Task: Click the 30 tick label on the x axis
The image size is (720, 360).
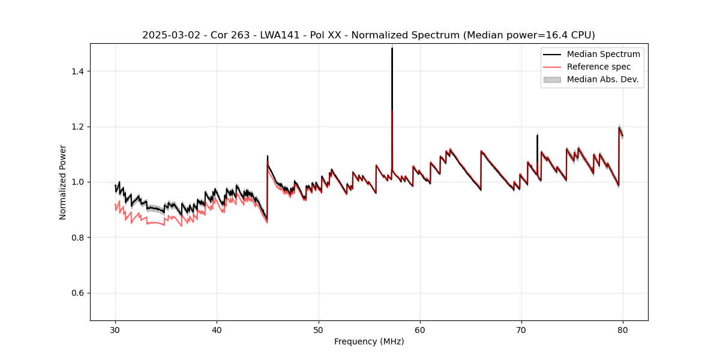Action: click(x=115, y=330)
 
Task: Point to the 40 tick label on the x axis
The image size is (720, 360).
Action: click(x=217, y=330)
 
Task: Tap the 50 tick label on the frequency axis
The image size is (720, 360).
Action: click(x=319, y=330)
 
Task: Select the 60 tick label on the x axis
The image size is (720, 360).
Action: click(x=420, y=330)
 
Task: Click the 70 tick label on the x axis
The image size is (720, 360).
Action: click(x=521, y=330)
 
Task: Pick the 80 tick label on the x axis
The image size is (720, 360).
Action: click(x=623, y=330)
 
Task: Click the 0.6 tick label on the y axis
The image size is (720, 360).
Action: click(x=77, y=293)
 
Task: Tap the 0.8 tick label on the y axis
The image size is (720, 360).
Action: click(x=77, y=238)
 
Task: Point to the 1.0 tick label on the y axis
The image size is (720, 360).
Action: click(x=77, y=182)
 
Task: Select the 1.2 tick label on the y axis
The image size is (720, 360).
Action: click(x=77, y=127)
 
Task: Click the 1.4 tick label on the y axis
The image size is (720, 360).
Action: click(x=77, y=71)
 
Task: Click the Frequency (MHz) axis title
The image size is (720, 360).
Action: click(x=369, y=341)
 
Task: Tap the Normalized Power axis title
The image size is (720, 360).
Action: click(x=62, y=182)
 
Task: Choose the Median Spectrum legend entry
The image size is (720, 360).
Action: click(x=603, y=54)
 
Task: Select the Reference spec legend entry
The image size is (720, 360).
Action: click(x=598, y=67)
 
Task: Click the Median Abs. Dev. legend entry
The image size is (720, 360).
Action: click(x=602, y=79)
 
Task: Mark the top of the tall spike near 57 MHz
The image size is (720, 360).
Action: click(x=392, y=49)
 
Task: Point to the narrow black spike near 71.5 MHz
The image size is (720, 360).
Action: click(x=537, y=136)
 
